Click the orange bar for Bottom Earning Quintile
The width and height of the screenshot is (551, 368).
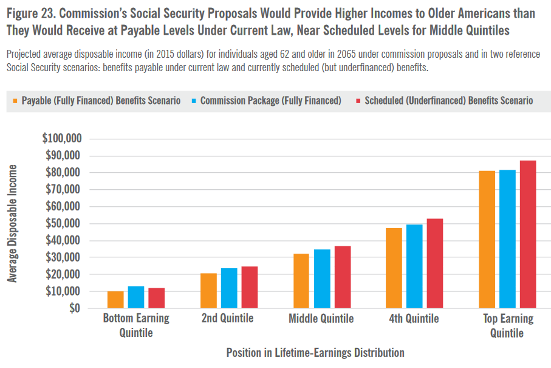(x=115, y=300)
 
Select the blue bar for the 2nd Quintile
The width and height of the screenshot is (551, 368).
(x=229, y=288)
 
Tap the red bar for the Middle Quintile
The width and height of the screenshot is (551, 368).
(x=343, y=277)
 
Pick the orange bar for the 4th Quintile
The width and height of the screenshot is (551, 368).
(x=394, y=268)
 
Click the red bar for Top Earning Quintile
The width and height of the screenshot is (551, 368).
(x=527, y=234)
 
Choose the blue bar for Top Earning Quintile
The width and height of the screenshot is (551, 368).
(x=507, y=239)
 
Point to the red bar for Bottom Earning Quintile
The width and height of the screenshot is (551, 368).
(x=156, y=298)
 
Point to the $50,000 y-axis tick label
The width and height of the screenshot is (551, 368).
(x=63, y=223)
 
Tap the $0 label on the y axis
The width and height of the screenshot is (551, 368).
(x=74, y=308)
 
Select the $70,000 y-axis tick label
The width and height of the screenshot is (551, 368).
(x=63, y=189)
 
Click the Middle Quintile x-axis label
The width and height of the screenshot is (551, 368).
(x=321, y=319)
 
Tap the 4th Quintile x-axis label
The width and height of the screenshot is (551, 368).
(x=414, y=319)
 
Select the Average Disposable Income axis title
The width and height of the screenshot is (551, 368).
(x=13, y=223)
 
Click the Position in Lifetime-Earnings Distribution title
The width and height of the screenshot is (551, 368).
(x=315, y=353)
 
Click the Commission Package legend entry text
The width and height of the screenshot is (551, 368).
(x=270, y=100)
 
